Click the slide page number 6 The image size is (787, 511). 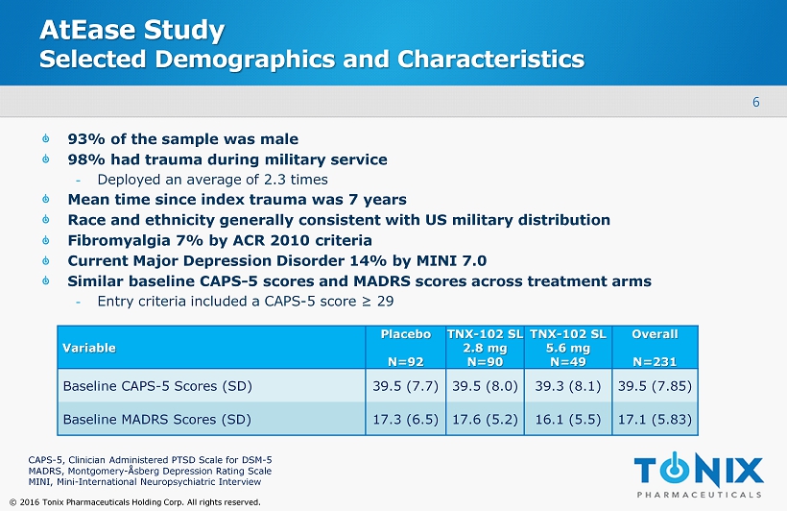(x=756, y=103)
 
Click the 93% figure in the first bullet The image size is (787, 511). (x=83, y=138)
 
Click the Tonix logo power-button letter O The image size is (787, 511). (x=680, y=470)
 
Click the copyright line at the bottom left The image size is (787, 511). (x=133, y=501)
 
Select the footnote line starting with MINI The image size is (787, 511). (x=144, y=482)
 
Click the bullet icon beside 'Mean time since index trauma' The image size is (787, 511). (x=48, y=200)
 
